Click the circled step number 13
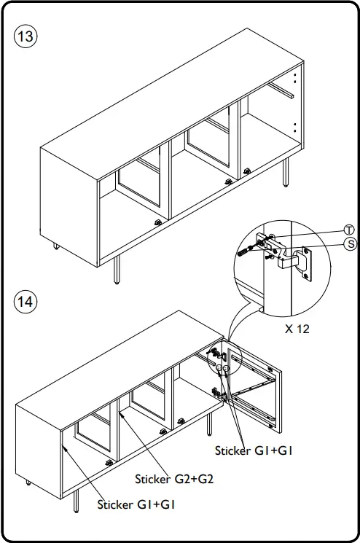point(26,36)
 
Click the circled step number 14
point(26,302)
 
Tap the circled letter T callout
point(349,230)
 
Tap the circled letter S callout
point(351,244)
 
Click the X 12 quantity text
point(297,329)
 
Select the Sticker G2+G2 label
point(174,479)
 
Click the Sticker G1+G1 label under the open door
point(254,450)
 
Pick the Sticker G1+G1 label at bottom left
point(136,504)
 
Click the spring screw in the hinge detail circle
point(243,251)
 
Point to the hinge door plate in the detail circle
point(307,264)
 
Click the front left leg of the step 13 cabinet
point(117,270)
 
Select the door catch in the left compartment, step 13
point(158,222)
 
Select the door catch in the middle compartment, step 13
point(228,181)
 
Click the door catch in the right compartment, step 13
point(247,171)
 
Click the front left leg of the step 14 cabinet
point(76,501)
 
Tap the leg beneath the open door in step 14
point(209,424)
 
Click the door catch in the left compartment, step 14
point(110,463)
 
